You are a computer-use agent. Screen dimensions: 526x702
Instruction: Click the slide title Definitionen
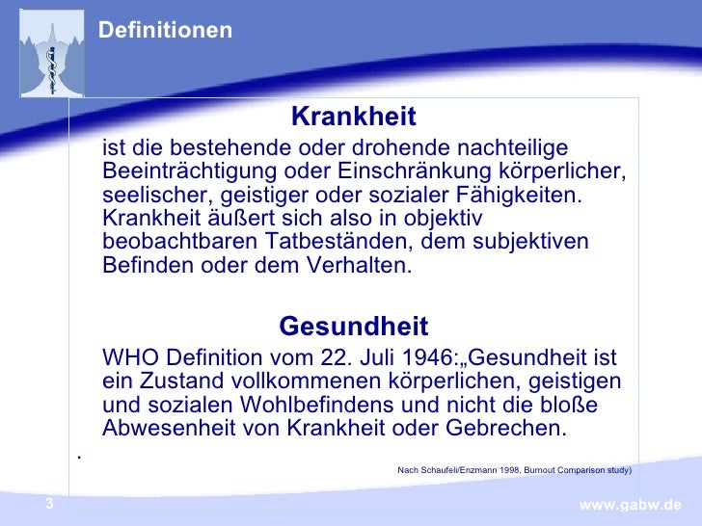tap(166, 31)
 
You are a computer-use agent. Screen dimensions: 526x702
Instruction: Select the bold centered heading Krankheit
tap(353, 118)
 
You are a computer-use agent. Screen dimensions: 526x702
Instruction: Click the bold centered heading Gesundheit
tap(353, 327)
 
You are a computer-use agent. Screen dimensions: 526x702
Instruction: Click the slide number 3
tap(49, 505)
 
